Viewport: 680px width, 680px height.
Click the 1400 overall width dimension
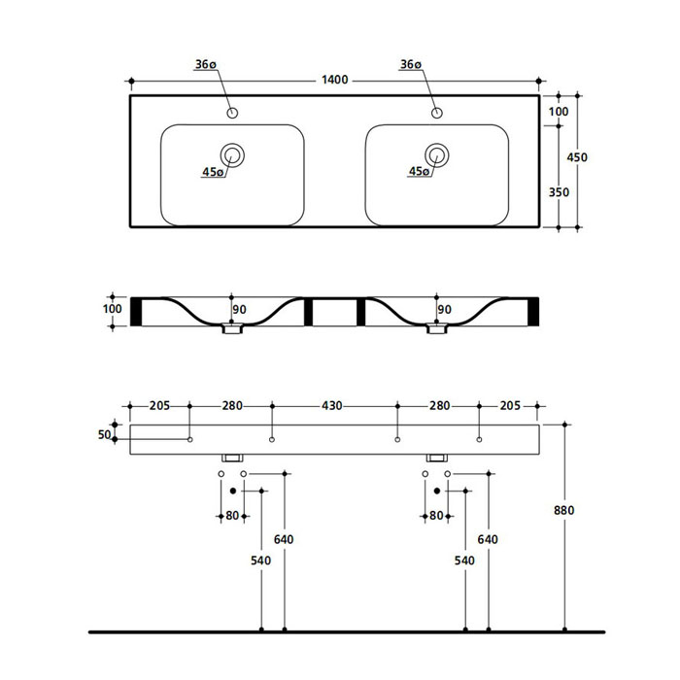coord(334,80)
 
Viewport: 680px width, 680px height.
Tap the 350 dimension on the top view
coord(559,191)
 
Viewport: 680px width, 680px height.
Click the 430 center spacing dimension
coord(333,406)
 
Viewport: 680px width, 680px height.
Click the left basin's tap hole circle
coord(232,114)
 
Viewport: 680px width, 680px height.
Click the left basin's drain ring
coord(232,153)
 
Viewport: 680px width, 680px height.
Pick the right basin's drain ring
coord(437,153)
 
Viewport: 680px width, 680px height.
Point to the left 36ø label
coord(205,65)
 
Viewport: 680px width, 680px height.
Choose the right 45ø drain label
coord(419,172)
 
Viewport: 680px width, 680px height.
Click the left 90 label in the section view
coord(240,310)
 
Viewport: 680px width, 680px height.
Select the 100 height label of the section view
coord(113,310)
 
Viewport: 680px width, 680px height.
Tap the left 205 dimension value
coord(160,406)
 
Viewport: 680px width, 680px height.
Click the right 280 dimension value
coord(439,406)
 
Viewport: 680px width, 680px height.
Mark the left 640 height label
coord(285,540)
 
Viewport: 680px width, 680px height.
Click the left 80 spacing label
coord(232,516)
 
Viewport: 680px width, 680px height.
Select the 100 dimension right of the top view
coord(559,113)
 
